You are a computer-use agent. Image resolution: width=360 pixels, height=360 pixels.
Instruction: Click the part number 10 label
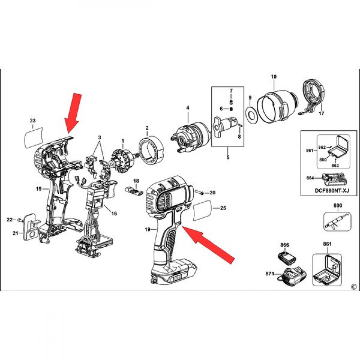click(274, 77)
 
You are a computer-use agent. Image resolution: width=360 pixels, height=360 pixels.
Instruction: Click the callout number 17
click(321, 113)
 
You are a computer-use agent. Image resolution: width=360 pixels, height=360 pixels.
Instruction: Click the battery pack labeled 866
click(287, 258)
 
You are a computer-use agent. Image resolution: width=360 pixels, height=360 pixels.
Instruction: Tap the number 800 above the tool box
click(338, 206)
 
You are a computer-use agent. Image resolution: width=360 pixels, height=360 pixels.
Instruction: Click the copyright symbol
click(354, 287)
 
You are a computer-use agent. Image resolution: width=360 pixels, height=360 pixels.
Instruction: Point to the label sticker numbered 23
click(34, 137)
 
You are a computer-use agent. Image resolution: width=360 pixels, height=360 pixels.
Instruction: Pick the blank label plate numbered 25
click(202, 210)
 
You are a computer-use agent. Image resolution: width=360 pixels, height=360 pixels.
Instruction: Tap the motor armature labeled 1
click(122, 161)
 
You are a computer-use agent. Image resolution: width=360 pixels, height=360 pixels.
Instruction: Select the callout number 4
click(188, 108)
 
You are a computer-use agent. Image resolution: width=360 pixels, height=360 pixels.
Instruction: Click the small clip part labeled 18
click(133, 190)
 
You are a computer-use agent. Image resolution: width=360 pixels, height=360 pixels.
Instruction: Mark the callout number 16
click(114, 213)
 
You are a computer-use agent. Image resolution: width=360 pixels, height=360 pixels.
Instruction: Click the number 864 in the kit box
click(310, 178)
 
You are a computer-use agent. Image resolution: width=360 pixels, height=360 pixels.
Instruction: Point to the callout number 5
click(228, 157)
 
